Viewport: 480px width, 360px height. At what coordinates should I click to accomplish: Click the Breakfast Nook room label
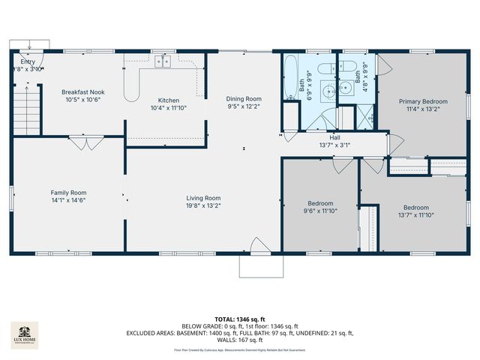82,91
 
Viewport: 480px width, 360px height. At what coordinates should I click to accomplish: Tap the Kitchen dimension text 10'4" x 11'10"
168,108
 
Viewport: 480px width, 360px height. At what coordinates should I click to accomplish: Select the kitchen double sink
164,62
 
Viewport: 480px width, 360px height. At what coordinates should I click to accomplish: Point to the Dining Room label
244,98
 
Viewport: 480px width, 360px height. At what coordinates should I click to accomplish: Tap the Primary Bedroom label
423,101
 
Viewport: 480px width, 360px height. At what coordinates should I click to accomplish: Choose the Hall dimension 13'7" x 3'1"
334,145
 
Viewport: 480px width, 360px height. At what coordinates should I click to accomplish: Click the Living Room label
203,198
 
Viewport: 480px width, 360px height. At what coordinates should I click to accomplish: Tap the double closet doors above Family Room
85,142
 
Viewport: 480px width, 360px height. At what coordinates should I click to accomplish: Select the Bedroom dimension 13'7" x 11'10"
415,216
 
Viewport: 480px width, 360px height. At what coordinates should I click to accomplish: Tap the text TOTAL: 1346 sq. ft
239,319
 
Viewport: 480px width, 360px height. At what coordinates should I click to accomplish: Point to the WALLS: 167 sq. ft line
239,341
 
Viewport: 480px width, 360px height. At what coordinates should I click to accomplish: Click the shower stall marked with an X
367,117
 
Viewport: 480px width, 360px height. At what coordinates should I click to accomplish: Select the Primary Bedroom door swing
394,143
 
